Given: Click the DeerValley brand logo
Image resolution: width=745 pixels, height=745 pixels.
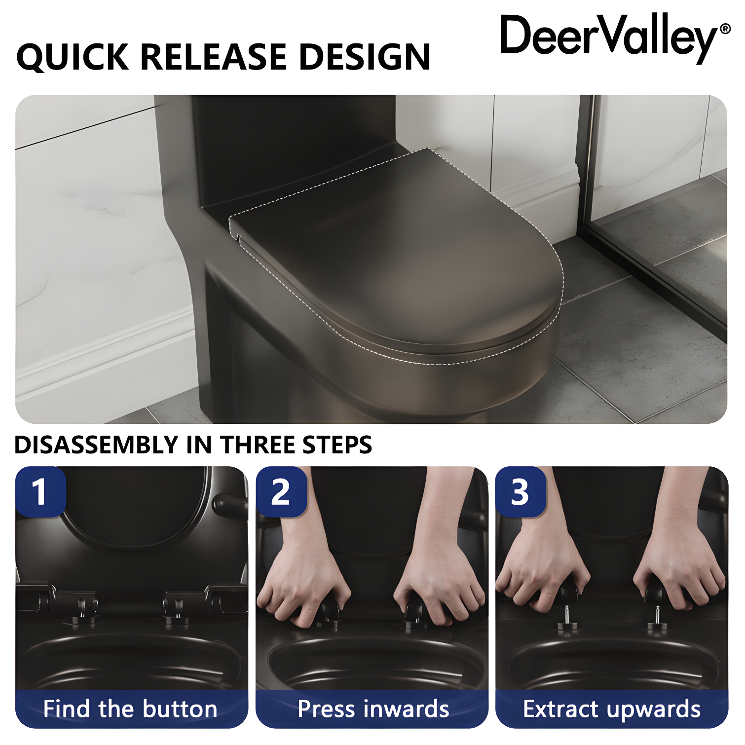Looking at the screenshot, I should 609,36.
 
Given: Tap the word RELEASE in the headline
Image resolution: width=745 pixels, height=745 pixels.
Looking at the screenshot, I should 216,57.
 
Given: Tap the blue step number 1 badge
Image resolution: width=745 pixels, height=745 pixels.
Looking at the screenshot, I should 39,492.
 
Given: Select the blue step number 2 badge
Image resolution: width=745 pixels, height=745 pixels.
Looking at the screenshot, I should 280,492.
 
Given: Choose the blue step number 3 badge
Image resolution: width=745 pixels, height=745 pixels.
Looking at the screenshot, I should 520,492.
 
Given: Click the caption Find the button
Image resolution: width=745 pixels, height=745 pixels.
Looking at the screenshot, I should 130,709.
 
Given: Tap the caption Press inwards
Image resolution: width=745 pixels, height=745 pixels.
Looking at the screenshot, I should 373,709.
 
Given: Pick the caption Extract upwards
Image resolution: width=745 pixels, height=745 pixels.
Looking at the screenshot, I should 612,709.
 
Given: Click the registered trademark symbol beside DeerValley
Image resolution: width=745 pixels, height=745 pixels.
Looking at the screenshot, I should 725,29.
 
